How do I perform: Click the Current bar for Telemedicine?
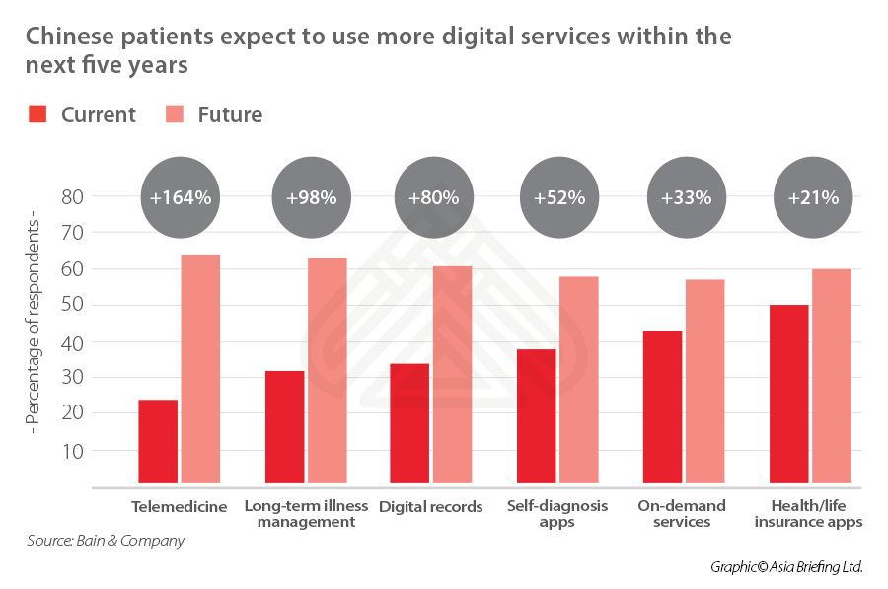(x=158, y=443)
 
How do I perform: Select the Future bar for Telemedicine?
(x=200, y=370)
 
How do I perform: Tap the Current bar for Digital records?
(x=409, y=425)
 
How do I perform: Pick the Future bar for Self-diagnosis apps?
(x=579, y=381)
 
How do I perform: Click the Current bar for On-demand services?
(x=662, y=408)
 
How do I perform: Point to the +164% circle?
(x=181, y=197)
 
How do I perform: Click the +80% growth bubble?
(x=433, y=197)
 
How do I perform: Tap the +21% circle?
(x=813, y=197)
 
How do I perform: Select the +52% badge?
(x=559, y=197)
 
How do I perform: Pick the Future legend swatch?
(x=176, y=114)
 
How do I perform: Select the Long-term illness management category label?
(x=306, y=513)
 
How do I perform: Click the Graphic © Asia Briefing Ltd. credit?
(x=786, y=567)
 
